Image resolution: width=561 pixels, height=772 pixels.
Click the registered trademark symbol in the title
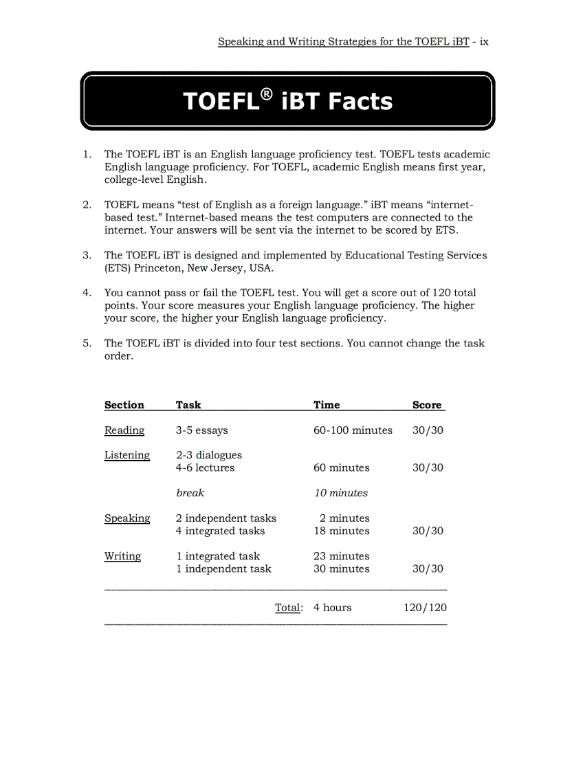click(x=266, y=93)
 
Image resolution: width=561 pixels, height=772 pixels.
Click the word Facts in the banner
click(x=360, y=102)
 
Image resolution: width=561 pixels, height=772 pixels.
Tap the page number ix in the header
click(x=484, y=41)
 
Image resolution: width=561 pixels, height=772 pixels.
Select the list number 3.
click(x=87, y=255)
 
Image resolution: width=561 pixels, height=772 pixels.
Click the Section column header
click(x=124, y=405)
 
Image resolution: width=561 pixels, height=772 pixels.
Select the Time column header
click(x=327, y=405)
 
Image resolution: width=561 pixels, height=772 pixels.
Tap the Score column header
click(x=427, y=405)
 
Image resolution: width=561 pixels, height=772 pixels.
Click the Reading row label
click(x=124, y=430)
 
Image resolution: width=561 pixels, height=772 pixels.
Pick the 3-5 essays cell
click(x=201, y=430)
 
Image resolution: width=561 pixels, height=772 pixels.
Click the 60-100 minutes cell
click(x=353, y=430)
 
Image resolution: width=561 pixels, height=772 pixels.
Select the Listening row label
click(x=127, y=455)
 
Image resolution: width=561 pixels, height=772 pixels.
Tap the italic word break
click(x=190, y=493)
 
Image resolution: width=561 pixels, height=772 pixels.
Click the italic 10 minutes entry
click(x=341, y=493)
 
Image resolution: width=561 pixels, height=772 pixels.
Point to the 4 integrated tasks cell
click(x=220, y=531)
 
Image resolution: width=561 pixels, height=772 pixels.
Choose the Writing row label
click(x=122, y=556)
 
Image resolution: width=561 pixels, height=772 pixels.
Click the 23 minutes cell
click(x=341, y=556)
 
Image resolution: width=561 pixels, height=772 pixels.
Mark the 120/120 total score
click(x=425, y=608)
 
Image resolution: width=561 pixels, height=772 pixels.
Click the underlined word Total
click(x=288, y=608)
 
